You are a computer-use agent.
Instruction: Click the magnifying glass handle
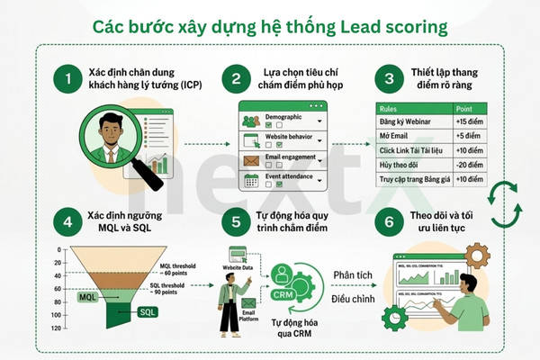[x=149, y=175]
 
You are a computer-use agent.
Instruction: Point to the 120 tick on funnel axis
[x=58, y=329]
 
